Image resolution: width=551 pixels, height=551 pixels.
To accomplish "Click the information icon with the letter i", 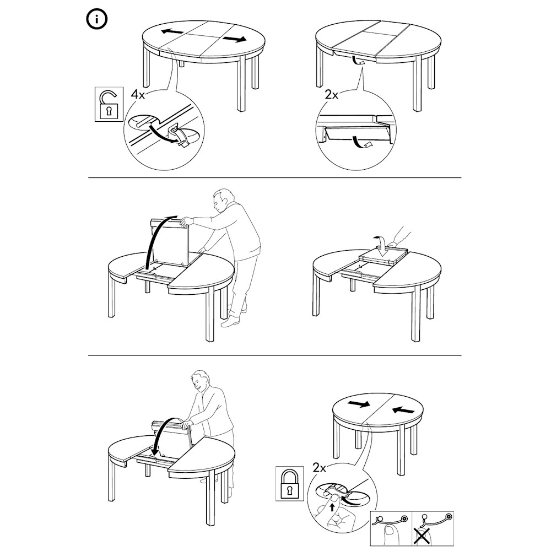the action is tap(96, 20).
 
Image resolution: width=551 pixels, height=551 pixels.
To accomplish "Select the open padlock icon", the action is tap(109, 104).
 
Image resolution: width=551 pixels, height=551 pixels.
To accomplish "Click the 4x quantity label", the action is tap(138, 94).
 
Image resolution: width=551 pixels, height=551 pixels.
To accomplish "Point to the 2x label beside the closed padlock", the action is tap(320, 468).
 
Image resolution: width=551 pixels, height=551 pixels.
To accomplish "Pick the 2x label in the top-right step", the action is tap(331, 95).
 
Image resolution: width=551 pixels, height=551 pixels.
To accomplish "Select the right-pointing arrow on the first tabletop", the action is tap(234, 39).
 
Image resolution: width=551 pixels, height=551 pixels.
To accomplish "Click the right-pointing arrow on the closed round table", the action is tap(358, 404).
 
